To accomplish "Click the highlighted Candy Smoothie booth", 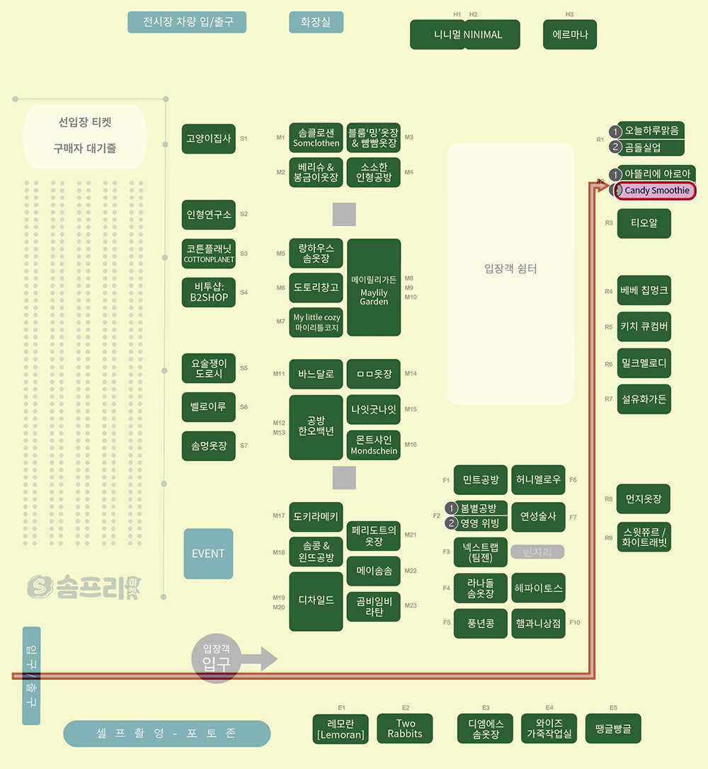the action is coord(654,190).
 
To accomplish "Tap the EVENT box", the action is coord(208,554).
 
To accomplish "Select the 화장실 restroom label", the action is coord(316,22).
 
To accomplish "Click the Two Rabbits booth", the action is coord(405,729).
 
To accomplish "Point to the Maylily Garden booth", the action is coord(374,287).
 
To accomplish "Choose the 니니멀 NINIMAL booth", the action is coord(465,34).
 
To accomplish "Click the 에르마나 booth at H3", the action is coord(570,34).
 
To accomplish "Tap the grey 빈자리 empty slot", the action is coord(537,552).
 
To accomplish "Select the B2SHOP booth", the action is coord(209,292).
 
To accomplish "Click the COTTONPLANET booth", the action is coord(209,254).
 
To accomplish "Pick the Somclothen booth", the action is coord(316,138).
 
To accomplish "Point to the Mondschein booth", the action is coord(374,445).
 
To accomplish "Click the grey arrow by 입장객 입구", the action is coord(259,659).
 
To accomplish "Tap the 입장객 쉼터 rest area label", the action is coord(510,268).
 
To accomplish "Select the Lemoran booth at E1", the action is coord(341,729).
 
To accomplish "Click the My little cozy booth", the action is coord(316,322).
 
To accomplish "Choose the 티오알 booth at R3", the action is coord(644,223).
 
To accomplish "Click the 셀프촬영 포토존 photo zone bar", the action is coord(166,734).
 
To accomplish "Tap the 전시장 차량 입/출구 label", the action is coord(187,22).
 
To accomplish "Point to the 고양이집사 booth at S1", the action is coord(209,139).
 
